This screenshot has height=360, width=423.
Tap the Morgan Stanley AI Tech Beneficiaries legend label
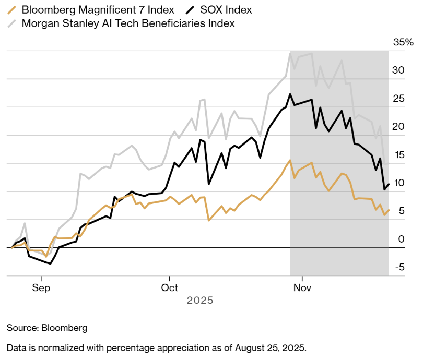coord(128,23)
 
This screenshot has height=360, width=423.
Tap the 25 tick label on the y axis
coord(398,99)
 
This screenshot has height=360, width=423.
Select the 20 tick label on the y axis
coord(398,127)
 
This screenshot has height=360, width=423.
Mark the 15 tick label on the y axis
coord(398,155)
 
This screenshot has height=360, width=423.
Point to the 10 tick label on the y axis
coord(398,183)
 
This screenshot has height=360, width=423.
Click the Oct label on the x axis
coord(170,288)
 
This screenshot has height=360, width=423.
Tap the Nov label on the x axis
coord(299,288)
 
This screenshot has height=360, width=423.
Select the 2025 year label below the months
coord(200,301)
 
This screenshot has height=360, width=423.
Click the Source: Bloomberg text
coord(47,328)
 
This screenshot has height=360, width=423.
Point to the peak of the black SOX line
coord(290,94)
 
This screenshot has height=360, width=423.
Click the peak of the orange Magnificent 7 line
coord(290,160)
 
